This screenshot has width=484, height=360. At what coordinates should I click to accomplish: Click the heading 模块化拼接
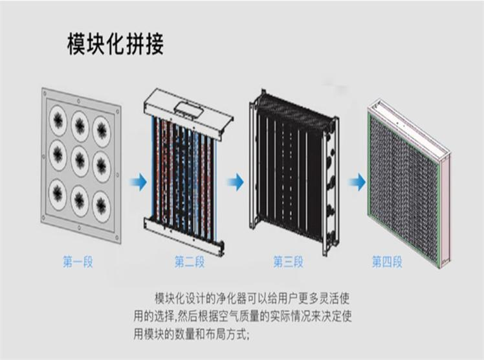[116, 44]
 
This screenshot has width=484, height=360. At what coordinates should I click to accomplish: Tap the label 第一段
[78, 262]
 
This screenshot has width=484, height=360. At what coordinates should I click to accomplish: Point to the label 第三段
[288, 262]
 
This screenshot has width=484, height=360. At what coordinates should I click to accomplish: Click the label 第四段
[387, 262]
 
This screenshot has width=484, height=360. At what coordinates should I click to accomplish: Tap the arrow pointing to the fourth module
[357, 183]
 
